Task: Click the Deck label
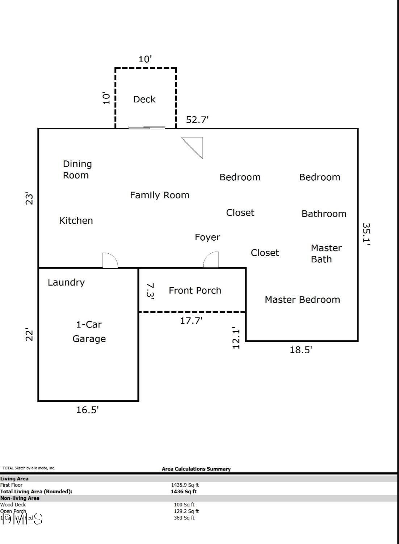(x=144, y=99)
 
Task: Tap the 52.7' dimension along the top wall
(x=197, y=120)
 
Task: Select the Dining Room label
(x=77, y=169)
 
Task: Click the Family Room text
(x=160, y=195)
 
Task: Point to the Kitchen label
(x=76, y=220)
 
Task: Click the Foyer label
(x=207, y=237)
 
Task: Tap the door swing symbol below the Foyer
(x=211, y=260)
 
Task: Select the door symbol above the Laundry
(x=110, y=260)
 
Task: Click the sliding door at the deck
(x=147, y=127)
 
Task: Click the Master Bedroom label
(x=302, y=299)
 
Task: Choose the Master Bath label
(x=326, y=253)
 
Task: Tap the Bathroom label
(x=324, y=214)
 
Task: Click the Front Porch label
(x=195, y=290)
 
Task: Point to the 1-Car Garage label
(x=89, y=332)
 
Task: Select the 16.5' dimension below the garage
(x=88, y=410)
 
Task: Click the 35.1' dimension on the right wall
(x=366, y=234)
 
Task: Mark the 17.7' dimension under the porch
(x=191, y=320)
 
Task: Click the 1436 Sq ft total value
(x=184, y=492)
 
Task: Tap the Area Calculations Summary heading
(x=196, y=469)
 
